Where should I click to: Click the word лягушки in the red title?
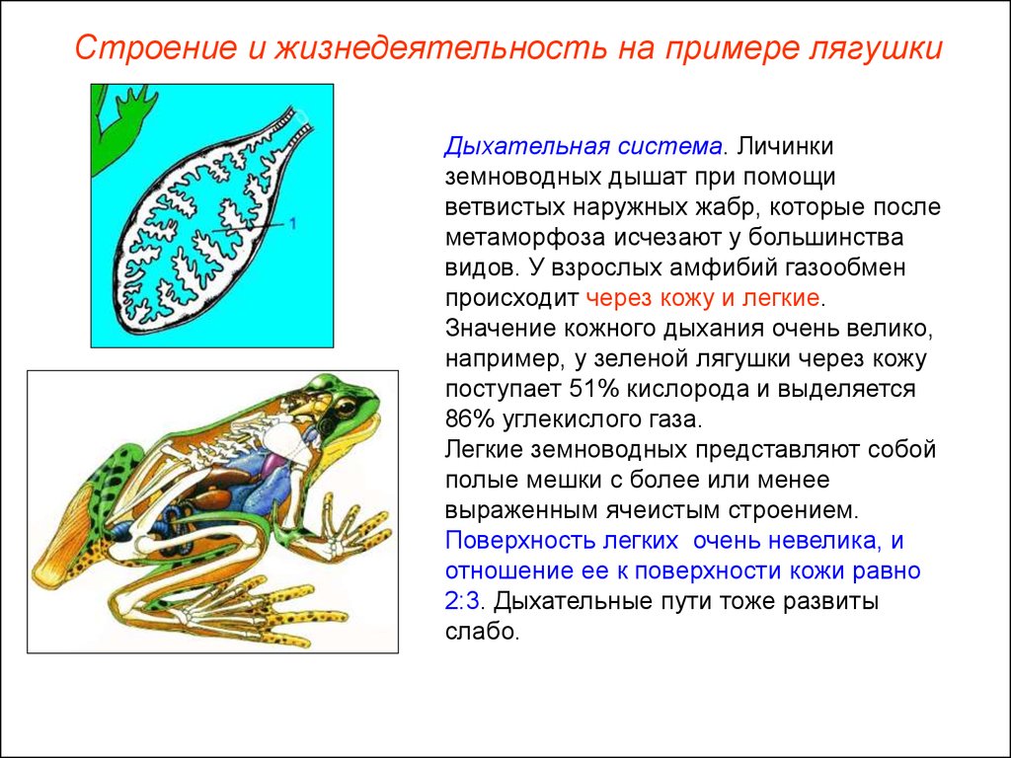[x=875, y=49]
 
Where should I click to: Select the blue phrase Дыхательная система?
[x=583, y=147]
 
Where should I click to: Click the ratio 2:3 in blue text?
[x=462, y=601]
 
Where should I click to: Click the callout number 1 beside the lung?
[x=292, y=224]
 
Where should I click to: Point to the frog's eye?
[x=345, y=407]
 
